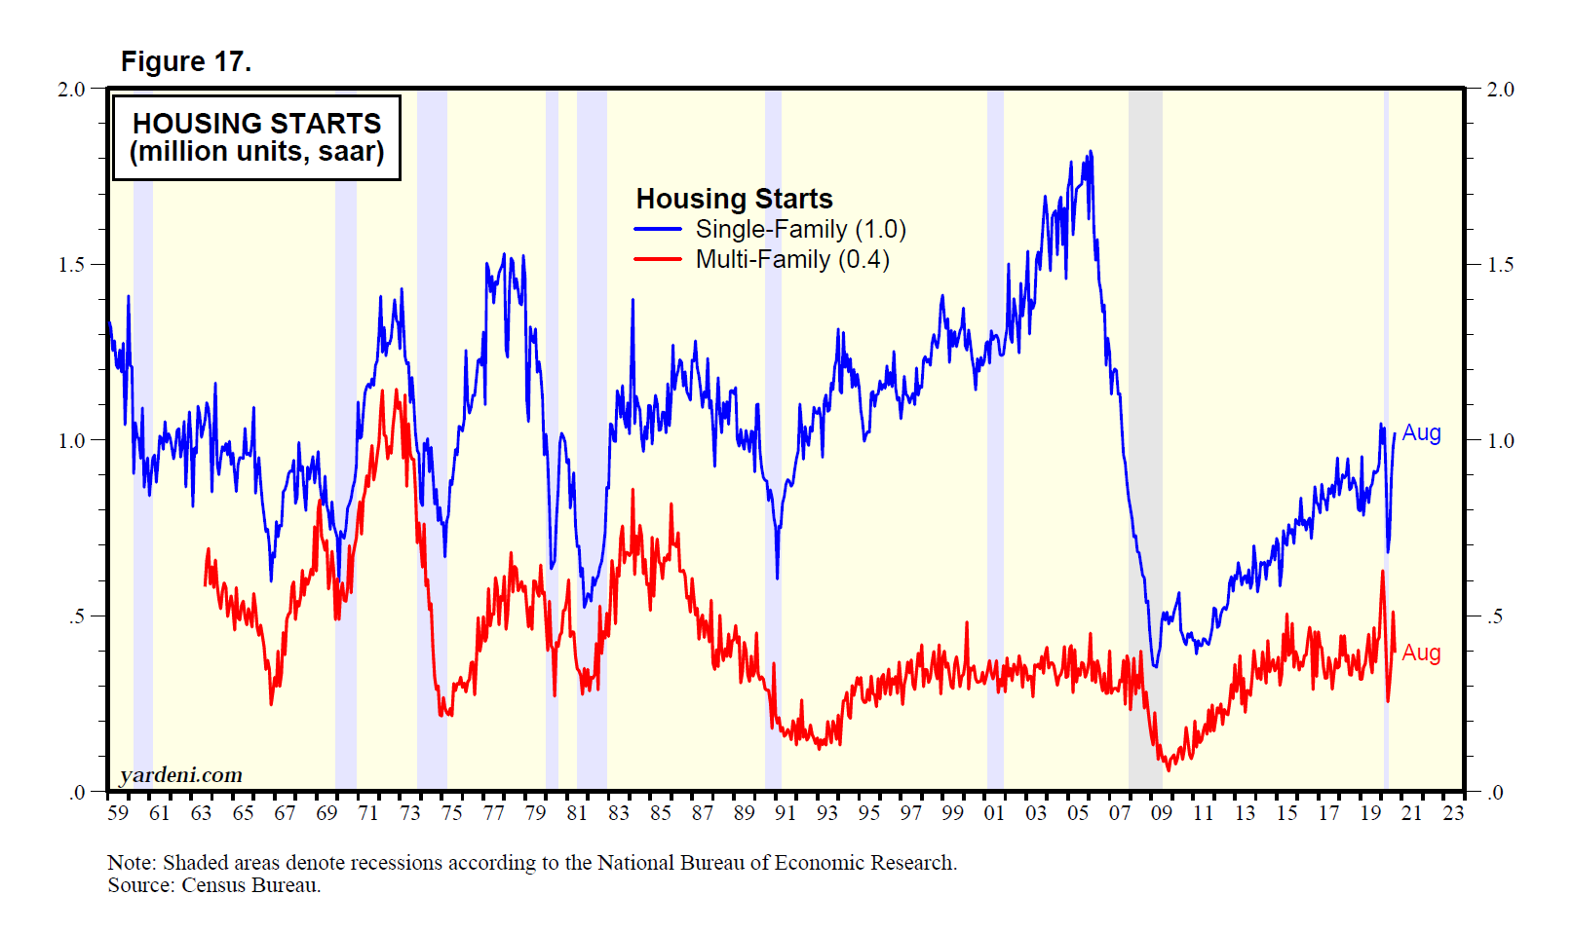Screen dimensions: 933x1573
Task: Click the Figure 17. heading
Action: click(x=185, y=61)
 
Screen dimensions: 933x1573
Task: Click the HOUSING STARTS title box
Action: click(x=256, y=137)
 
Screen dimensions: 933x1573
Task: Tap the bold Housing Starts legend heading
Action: click(x=734, y=199)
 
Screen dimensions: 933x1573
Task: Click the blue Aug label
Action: click(x=1421, y=432)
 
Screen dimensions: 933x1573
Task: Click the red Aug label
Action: click(x=1421, y=653)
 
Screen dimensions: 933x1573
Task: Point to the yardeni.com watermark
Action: click(x=180, y=775)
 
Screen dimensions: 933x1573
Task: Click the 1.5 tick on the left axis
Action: click(x=72, y=265)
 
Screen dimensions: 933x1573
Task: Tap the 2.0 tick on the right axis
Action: click(x=1500, y=90)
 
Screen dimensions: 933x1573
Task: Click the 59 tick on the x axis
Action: click(x=118, y=813)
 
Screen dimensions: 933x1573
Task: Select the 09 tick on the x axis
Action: click(x=1162, y=813)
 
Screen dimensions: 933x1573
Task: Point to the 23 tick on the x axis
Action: click(x=1453, y=813)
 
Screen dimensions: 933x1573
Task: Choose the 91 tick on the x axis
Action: click(x=786, y=813)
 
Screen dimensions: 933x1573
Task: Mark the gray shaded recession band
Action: click(x=1145, y=438)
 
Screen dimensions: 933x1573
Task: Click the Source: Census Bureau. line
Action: click(x=213, y=885)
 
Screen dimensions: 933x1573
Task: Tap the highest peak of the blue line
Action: click(x=1090, y=152)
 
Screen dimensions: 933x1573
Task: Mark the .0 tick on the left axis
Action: click(x=77, y=792)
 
